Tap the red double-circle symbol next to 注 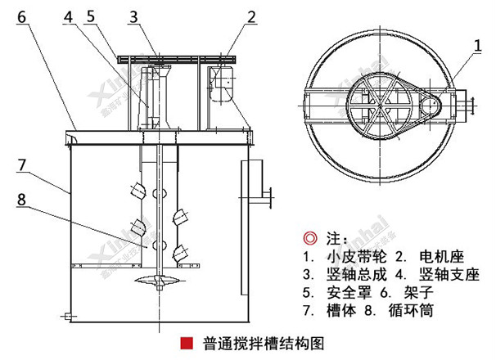(309, 239)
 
